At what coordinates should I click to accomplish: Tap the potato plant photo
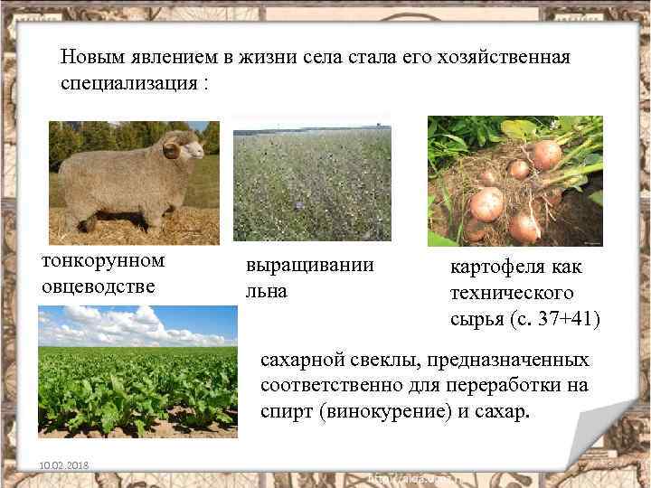point(514,181)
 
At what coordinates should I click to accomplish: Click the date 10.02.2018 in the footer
point(57,466)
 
